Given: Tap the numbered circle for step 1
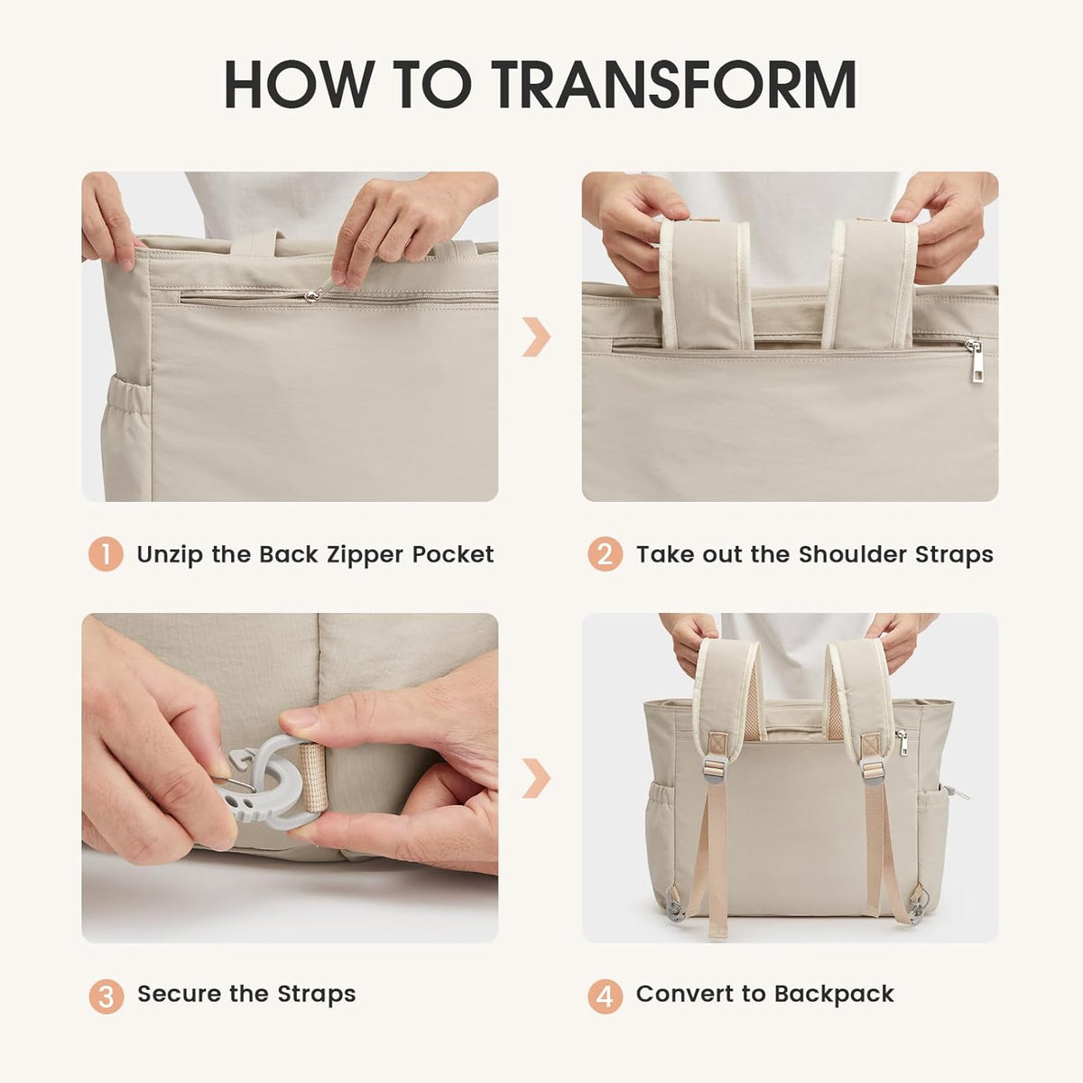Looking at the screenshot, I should click(x=106, y=554).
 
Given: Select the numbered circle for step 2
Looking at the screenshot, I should click(x=605, y=554).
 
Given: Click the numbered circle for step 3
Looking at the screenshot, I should click(x=106, y=996).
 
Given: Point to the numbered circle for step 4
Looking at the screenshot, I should click(x=605, y=996).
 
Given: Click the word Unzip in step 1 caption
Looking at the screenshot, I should click(x=170, y=554).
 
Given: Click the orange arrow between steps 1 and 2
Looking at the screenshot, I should click(x=537, y=337).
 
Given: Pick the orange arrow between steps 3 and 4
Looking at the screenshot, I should click(x=537, y=778).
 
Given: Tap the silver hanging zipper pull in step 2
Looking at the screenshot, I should click(x=976, y=363).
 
